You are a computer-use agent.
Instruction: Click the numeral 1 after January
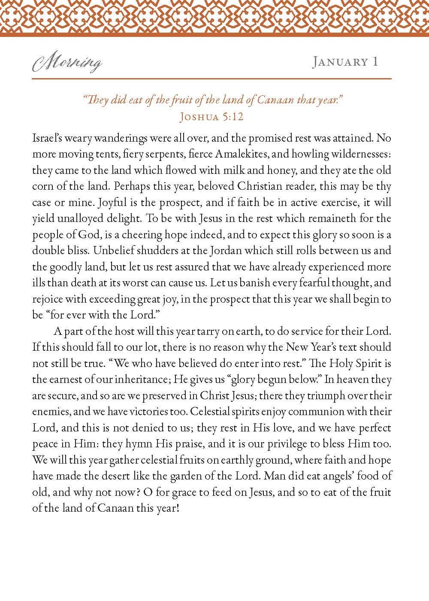click(375, 62)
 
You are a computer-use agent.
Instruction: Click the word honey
click(278, 170)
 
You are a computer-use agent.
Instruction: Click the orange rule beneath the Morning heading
click(211, 79)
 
